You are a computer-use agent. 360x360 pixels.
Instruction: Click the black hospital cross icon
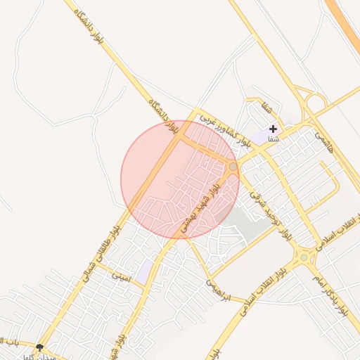273,129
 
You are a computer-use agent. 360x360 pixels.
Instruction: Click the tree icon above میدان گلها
39,347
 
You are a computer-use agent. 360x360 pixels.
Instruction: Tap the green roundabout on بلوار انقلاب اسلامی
304,258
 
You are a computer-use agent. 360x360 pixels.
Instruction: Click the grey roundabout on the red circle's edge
233,166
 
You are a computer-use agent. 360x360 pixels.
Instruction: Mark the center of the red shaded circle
180,179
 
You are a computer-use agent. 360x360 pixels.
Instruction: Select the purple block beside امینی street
144,271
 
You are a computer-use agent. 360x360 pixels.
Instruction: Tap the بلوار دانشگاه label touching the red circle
162,117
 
